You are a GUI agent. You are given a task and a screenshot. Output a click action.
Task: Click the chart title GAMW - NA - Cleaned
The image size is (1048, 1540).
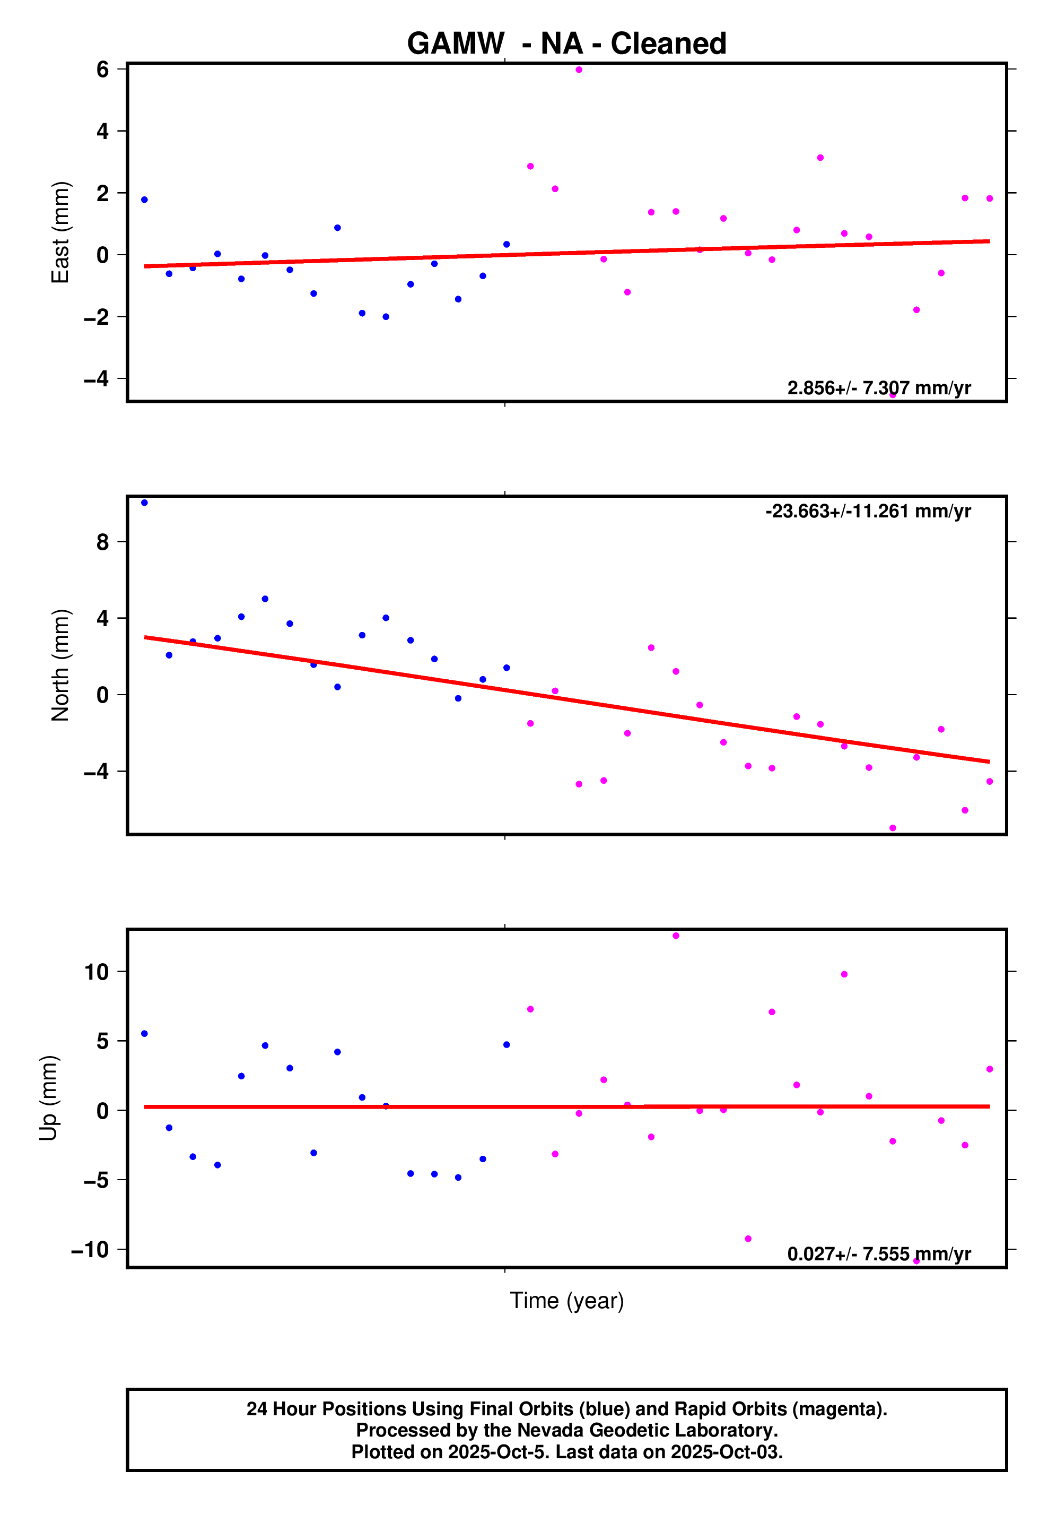click(566, 44)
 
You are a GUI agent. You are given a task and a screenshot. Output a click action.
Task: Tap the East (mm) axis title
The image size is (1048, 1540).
click(60, 232)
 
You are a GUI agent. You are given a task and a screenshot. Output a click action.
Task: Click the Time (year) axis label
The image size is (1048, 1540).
click(566, 1301)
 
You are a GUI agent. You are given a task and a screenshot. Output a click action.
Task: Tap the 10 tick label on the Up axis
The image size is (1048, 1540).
click(96, 972)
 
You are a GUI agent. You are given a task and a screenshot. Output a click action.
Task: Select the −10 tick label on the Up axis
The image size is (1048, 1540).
click(90, 1250)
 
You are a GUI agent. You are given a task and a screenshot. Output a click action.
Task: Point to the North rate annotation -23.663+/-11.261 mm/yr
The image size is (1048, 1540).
click(868, 511)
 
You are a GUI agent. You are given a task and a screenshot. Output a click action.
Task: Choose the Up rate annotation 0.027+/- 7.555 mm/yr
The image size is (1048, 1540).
click(878, 1254)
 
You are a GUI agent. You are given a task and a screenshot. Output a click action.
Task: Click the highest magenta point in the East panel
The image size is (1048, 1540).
click(579, 70)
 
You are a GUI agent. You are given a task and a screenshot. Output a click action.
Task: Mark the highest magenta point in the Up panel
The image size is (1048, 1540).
click(676, 936)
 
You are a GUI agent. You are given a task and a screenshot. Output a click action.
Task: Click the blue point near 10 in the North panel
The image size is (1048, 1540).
click(144, 503)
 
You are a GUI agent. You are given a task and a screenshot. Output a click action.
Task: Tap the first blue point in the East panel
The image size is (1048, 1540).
click(144, 200)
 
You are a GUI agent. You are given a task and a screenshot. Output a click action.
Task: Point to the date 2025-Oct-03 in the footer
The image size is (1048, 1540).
click(726, 1452)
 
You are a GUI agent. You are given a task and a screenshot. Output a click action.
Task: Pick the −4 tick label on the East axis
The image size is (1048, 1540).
click(96, 379)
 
